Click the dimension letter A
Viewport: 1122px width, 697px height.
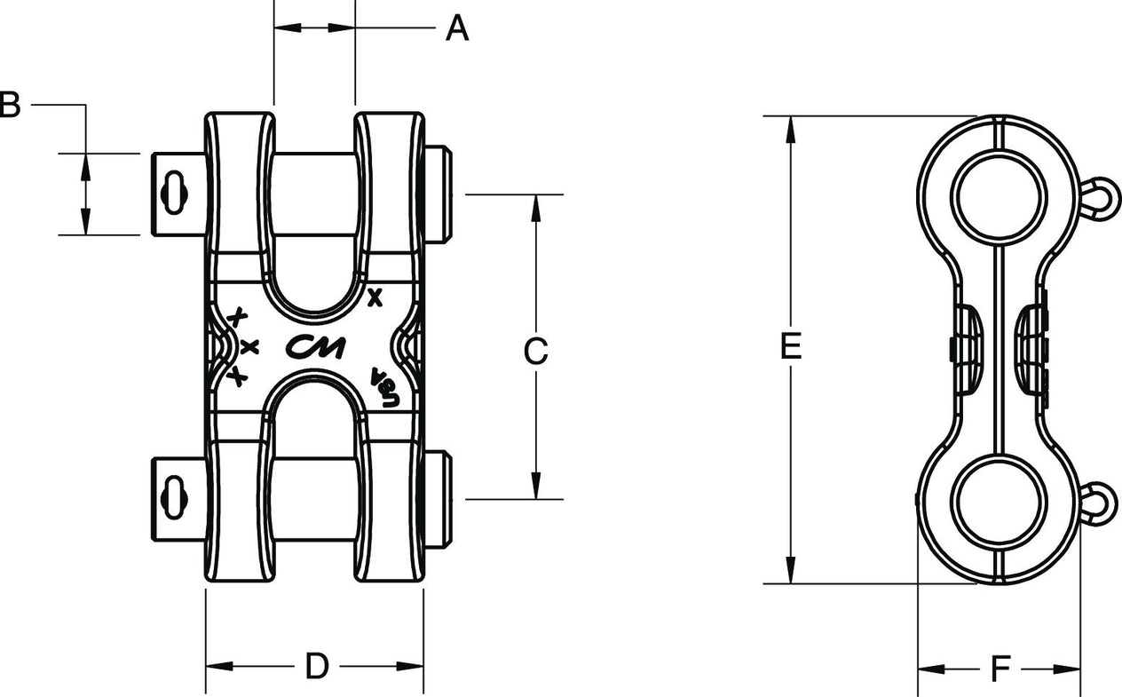(x=456, y=28)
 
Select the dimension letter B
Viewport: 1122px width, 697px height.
(x=9, y=105)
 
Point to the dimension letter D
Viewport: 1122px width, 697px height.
(x=317, y=666)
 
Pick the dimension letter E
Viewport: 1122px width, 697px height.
(x=790, y=347)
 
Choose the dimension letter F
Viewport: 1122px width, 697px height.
(x=1001, y=669)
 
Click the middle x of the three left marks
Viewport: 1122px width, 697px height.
(x=249, y=346)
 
